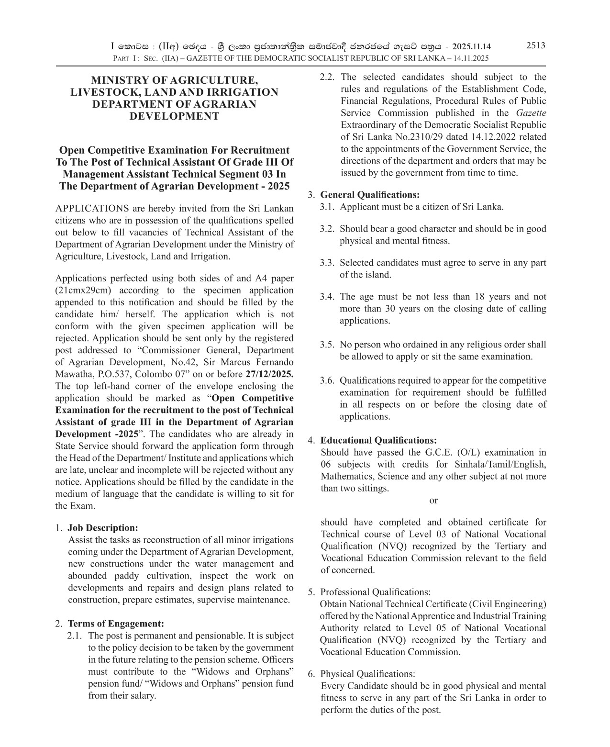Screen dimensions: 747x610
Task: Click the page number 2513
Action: [535, 45]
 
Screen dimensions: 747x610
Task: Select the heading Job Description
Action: [102, 528]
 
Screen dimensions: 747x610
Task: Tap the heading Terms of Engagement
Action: [116, 624]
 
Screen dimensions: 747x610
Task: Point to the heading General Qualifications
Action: [369, 195]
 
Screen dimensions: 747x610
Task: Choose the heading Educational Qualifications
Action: [378, 440]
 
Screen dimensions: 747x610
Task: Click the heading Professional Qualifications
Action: [375, 592]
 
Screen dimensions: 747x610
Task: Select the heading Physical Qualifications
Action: [367, 674]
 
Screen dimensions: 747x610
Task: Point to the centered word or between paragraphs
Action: [433, 501]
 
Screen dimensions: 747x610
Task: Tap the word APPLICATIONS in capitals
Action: [92, 208]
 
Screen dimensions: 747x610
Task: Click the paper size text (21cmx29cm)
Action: [83, 290]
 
